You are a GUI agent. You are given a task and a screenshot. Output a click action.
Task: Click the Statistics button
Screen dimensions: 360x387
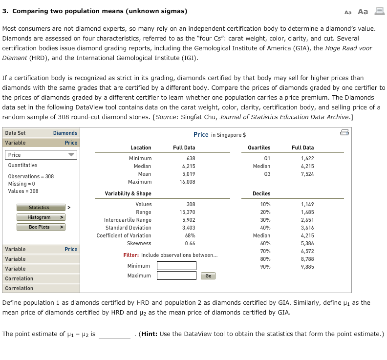point(39,208)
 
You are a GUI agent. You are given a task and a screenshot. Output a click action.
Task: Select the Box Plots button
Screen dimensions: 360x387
point(39,227)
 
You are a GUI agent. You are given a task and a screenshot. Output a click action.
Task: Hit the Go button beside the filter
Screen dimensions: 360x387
point(208,276)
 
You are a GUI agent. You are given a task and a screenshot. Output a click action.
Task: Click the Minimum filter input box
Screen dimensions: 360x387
point(176,266)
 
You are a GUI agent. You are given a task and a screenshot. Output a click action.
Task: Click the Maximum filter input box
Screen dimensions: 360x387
point(176,275)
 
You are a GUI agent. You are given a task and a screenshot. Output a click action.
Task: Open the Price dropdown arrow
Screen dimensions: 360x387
point(72,155)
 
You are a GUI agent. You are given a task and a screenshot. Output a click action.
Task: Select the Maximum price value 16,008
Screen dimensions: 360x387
point(188,182)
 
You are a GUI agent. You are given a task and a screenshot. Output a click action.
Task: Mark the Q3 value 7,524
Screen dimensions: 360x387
point(307,174)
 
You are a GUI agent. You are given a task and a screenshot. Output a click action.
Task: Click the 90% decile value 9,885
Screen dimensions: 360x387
point(307,267)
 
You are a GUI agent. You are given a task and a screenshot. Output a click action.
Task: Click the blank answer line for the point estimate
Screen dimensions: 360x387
point(114,335)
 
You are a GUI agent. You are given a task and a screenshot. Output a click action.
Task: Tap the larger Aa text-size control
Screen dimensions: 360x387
point(363,12)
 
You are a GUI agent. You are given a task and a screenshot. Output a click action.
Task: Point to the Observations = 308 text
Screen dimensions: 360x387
point(31,176)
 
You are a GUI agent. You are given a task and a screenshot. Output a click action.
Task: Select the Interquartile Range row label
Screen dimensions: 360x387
point(128,220)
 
